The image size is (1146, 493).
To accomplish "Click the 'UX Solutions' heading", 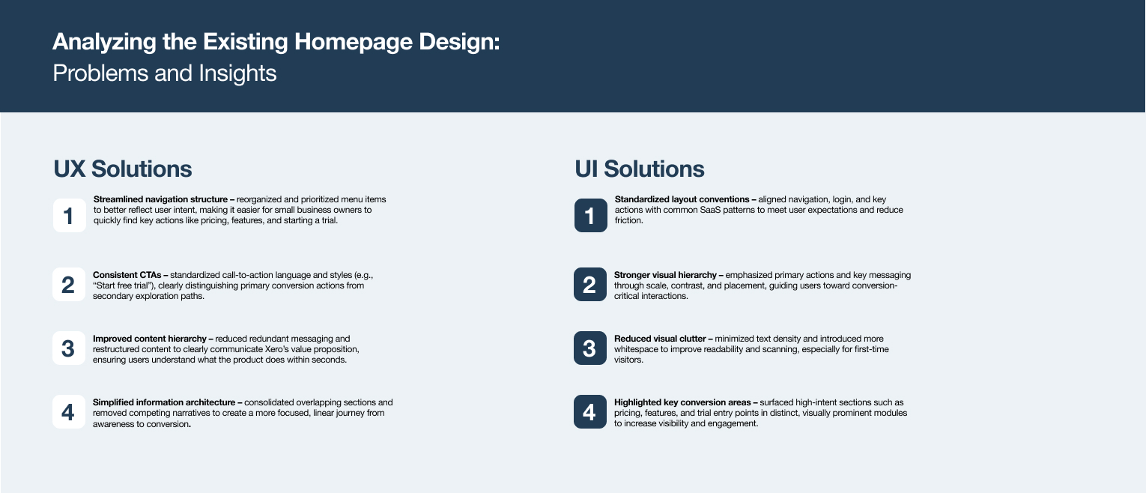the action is tap(123, 169).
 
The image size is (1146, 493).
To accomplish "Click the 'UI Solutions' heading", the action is tap(640, 169).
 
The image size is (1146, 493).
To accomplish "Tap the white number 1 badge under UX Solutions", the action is tap(70, 216).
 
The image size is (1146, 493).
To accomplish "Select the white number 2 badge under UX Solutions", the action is tap(69, 284).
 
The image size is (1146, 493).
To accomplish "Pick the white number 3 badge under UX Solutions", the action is tap(69, 348).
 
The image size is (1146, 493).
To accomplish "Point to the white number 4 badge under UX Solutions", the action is tap(69, 411).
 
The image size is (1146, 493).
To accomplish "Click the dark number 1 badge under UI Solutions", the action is tap(591, 216).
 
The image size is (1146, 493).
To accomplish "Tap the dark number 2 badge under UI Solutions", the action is tap(590, 284).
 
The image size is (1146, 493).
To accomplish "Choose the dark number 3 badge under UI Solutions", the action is tap(590, 348).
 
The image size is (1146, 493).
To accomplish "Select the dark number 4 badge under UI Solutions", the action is tap(590, 411).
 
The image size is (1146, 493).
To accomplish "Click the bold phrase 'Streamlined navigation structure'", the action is tap(160, 199).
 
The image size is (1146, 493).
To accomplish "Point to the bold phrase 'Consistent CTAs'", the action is tap(127, 275).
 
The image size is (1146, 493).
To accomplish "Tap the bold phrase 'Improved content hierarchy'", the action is tap(149, 339).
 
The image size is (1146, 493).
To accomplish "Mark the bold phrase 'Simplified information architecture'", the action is tap(164, 402).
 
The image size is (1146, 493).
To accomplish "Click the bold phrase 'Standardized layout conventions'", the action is tap(682, 199).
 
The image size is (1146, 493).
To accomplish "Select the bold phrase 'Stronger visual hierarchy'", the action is tap(665, 275).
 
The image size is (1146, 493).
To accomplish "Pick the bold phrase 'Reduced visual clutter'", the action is tap(660, 339).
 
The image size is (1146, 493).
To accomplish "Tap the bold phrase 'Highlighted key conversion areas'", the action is tap(682, 402).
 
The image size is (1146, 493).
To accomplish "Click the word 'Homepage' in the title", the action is tap(353, 42).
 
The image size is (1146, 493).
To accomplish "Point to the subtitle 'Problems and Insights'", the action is tap(165, 73).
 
